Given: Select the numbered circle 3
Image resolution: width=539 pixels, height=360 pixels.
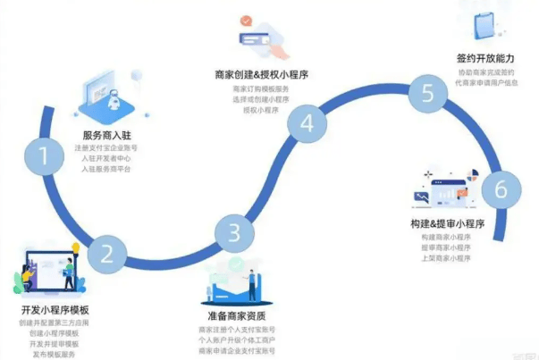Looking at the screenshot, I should tap(234, 233).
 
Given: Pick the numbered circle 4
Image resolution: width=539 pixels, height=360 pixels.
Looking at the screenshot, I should tap(307, 123).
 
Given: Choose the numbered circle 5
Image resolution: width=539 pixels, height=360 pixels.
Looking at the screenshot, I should tap(428, 94).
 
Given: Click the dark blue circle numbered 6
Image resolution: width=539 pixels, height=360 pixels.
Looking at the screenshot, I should tap(501, 189).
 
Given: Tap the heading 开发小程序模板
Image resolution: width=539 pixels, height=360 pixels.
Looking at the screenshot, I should tap(53, 309).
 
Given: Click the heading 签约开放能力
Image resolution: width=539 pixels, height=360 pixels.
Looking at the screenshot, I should tap(485, 58).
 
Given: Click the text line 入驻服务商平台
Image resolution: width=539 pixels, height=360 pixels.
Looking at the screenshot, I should tap(106, 168).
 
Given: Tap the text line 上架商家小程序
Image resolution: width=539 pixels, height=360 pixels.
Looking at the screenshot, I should tap(445, 258).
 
